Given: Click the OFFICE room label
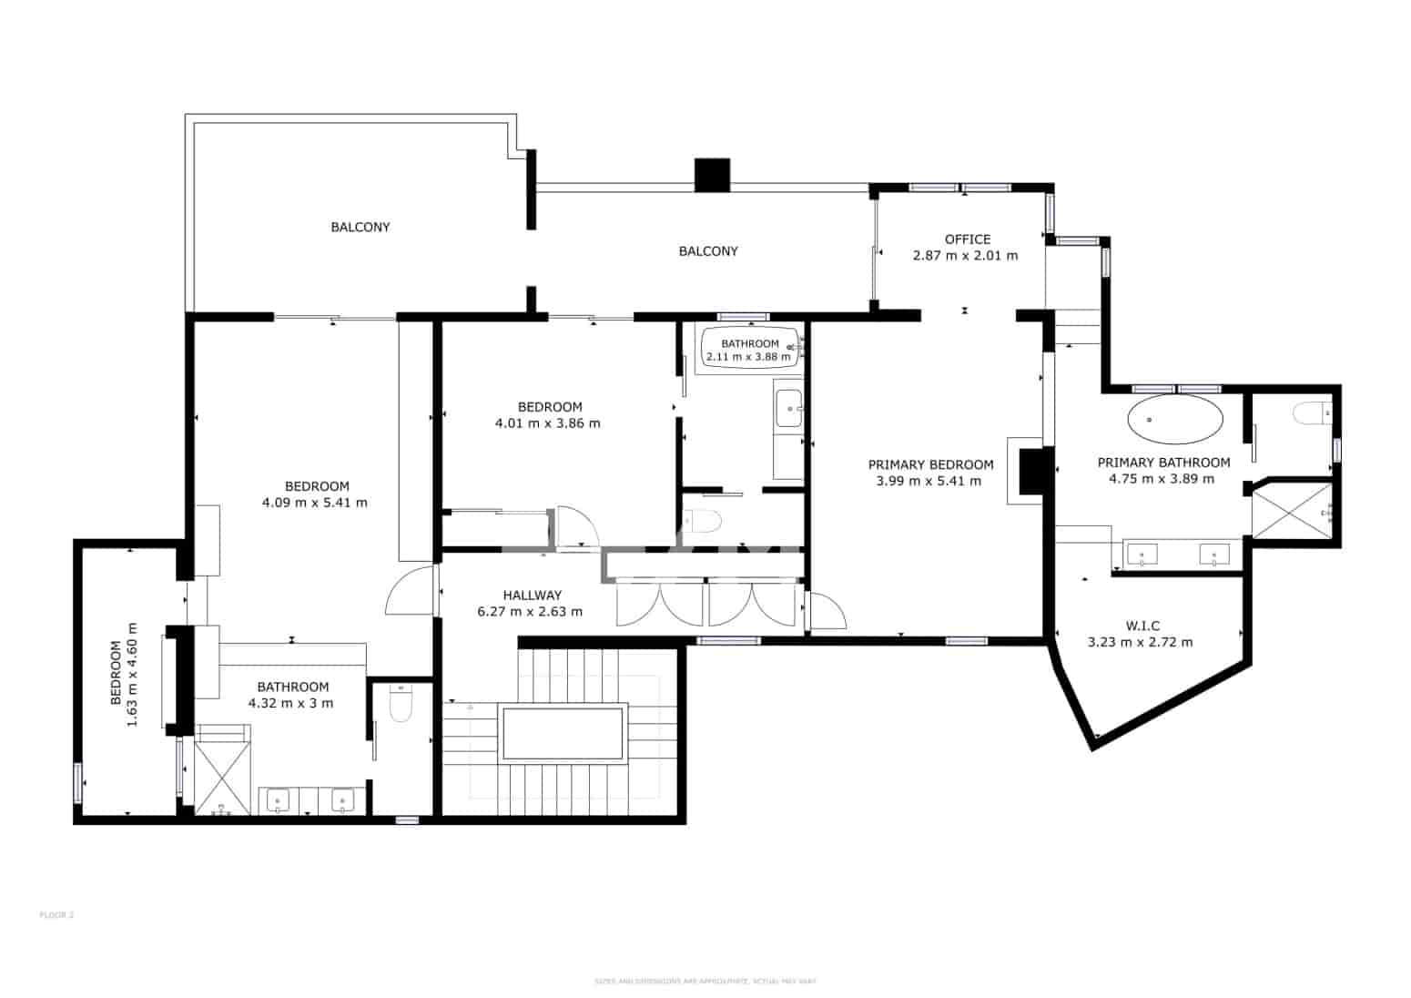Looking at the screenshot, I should coord(967,239).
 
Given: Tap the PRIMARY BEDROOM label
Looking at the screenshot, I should coord(930,464).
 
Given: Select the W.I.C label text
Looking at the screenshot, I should coord(1142,626).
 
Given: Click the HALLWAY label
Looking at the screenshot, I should coord(532,596).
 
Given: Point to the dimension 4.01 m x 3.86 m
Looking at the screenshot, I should coord(547,423).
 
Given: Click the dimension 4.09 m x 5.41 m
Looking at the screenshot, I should coord(315,503).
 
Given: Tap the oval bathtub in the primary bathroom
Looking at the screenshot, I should coord(1174,420).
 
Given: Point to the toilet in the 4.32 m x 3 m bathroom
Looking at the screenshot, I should coord(401,704).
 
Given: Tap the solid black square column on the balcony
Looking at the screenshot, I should coord(712,175).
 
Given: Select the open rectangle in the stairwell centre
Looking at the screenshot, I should coord(563,732).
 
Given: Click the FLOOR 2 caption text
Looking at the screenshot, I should coord(56,914).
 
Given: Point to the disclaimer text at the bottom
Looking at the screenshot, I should coord(705,981).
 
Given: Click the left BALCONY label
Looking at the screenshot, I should coord(360,227).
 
